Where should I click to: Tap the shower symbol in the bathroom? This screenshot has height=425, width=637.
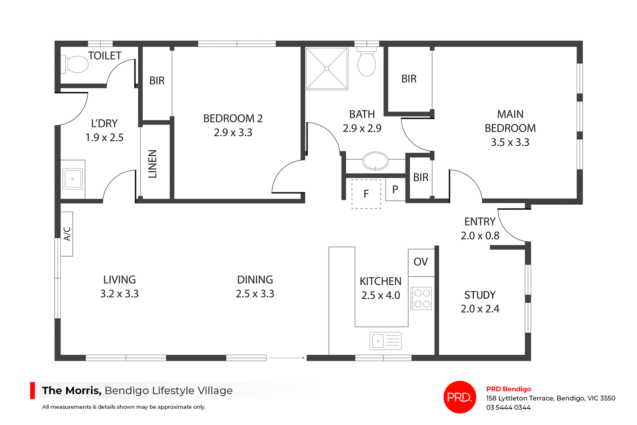(x=326, y=68)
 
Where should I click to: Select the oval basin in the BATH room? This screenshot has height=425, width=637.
(x=375, y=161)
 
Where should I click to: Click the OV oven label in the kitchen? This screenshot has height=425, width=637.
(x=421, y=262)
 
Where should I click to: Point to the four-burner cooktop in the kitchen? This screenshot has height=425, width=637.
(x=422, y=298)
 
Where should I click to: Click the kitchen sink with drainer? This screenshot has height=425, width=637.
(x=386, y=341)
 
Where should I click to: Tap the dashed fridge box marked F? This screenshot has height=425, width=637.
(x=366, y=194)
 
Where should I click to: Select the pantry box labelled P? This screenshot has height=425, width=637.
(x=395, y=189)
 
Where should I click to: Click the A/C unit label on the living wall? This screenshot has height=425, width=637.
(x=67, y=234)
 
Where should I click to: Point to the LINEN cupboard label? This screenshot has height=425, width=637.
(x=152, y=164)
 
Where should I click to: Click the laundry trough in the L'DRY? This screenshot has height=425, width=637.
(x=73, y=179)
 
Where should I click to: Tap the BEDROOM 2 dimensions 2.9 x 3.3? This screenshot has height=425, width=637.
(x=233, y=133)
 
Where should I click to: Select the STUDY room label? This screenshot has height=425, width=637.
(x=480, y=295)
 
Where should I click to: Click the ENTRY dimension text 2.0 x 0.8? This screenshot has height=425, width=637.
(x=480, y=236)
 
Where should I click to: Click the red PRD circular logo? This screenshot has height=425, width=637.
(x=460, y=397)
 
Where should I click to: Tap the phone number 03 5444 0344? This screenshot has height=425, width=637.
(x=508, y=407)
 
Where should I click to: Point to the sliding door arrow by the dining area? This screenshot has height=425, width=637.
(x=287, y=358)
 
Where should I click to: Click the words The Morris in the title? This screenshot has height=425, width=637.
(x=72, y=390)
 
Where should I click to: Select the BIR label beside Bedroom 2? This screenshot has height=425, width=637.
(x=157, y=81)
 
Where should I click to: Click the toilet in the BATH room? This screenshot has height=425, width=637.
(x=367, y=63)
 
